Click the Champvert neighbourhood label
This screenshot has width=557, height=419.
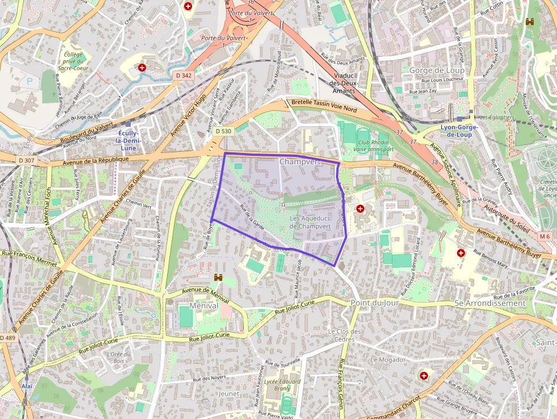[300, 162]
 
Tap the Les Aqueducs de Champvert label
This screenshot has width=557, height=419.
[310, 222]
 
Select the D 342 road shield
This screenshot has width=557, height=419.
[183, 75]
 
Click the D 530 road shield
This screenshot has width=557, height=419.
[223, 131]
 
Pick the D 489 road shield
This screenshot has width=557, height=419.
[7, 338]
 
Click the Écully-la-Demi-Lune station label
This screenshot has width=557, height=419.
[128, 140]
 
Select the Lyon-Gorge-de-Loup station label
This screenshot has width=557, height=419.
[459, 131]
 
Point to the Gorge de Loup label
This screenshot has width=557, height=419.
[436, 70]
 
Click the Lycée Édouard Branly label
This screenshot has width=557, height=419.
[282, 385]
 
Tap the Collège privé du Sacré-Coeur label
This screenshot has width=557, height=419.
[73, 61]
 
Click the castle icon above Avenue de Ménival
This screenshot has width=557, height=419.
[218, 277]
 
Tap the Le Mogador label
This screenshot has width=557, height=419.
[388, 360]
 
